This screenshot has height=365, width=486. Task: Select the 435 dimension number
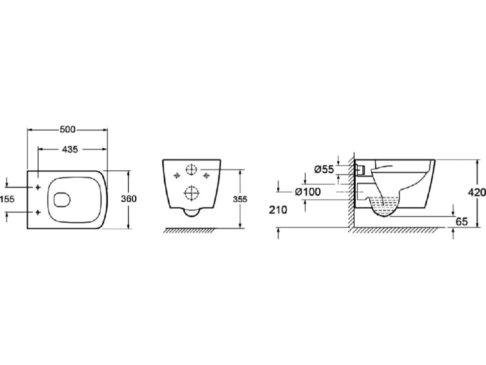click(70, 149)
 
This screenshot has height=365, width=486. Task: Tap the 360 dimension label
click(129, 199)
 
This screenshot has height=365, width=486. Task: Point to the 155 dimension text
click(8, 199)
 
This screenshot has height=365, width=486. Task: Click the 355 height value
click(240, 199)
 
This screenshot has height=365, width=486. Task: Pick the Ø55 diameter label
click(324, 169)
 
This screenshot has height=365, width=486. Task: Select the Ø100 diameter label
click(308, 192)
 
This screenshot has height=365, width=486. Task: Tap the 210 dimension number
click(278, 210)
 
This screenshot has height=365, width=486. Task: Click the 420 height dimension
click(477, 193)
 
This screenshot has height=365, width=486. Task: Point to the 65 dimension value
click(462, 222)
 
